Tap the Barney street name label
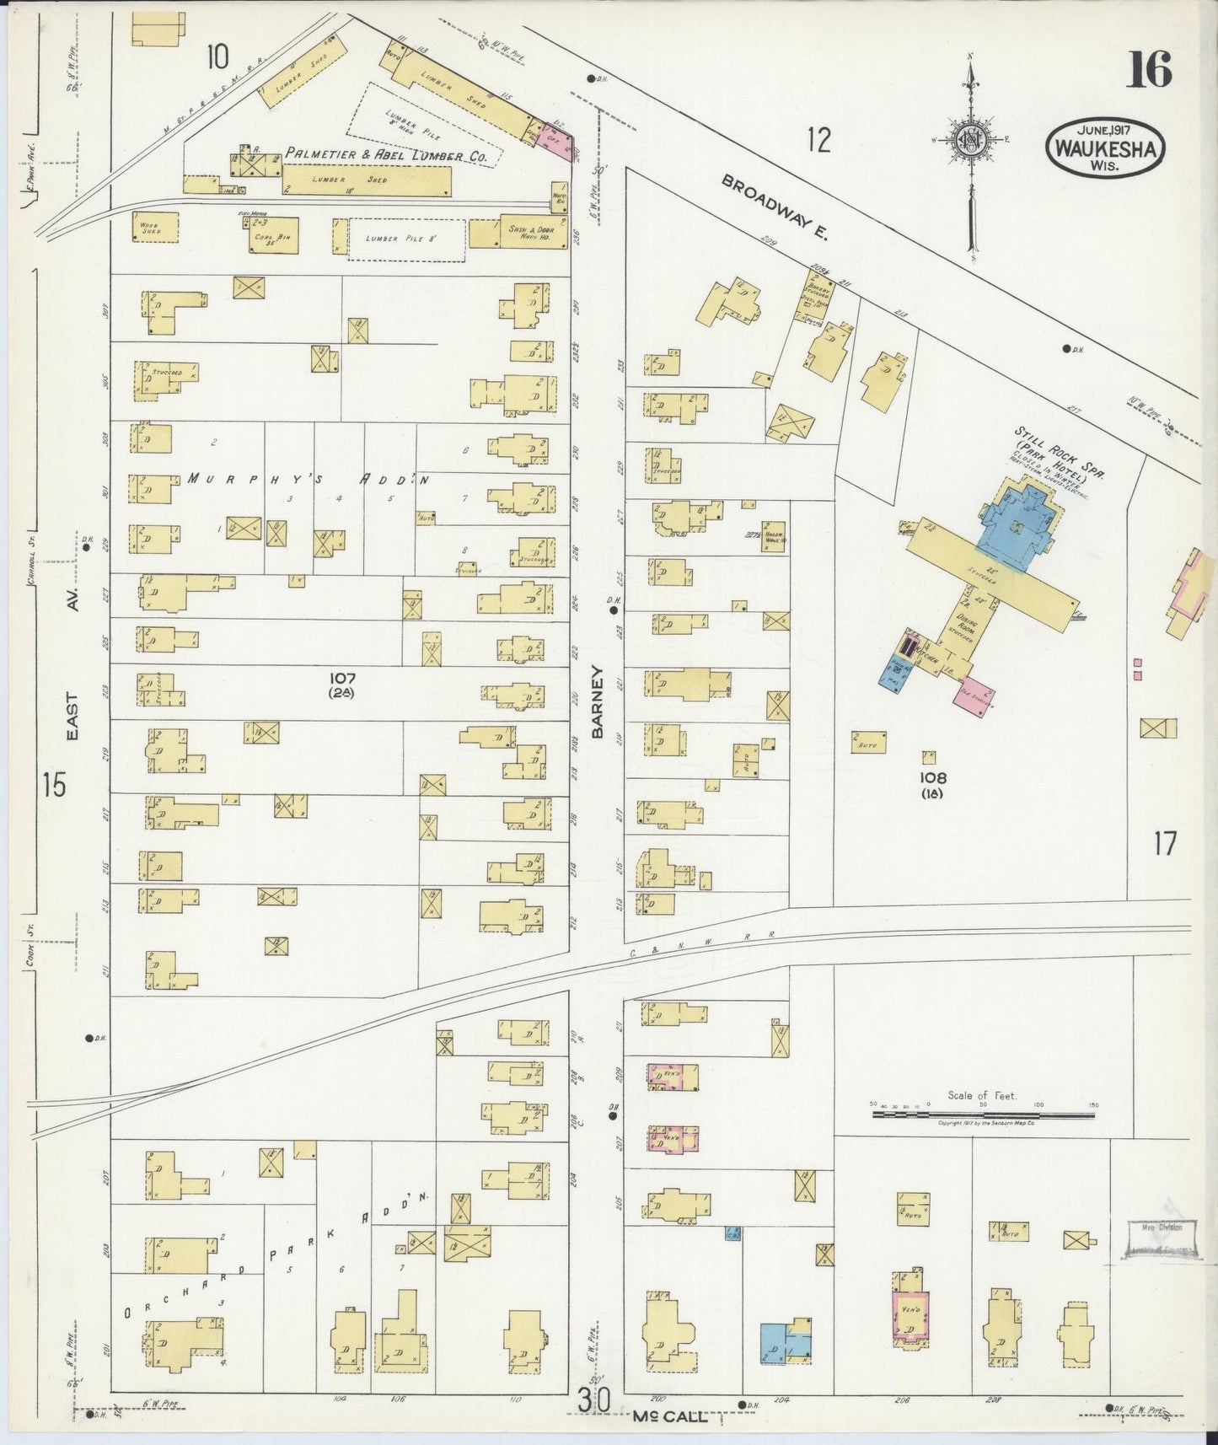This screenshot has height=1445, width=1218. (598, 702)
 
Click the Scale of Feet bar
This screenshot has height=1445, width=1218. (982, 1113)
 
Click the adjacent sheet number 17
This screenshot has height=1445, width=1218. (1164, 842)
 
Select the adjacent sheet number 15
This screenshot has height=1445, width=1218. (52, 785)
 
